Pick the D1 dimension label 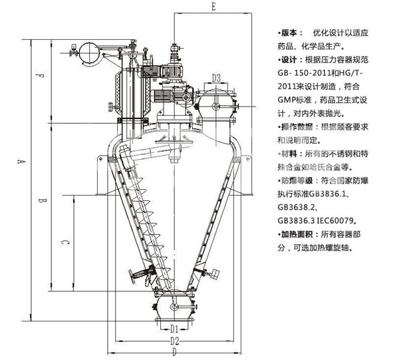[x=173, y=329]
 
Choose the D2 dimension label [x=174, y=341]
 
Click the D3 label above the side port [x=217, y=79]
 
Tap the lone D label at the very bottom [x=174, y=352]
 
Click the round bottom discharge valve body [x=174, y=307]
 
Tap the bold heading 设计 [x=292, y=60]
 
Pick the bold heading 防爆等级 [x=297, y=180]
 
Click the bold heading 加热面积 [x=297, y=234]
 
